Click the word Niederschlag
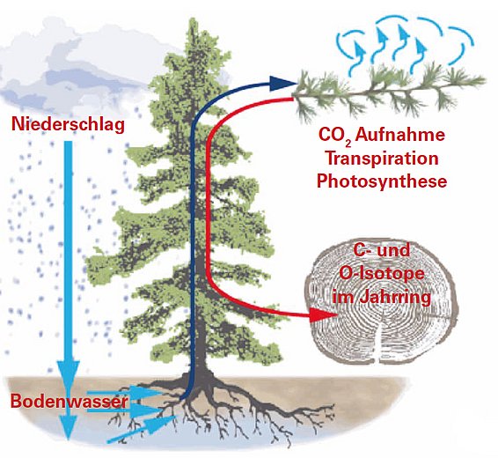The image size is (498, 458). [68, 124]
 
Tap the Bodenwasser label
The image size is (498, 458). [70, 402]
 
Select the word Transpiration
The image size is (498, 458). [383, 159]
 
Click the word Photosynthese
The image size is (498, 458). [382, 181]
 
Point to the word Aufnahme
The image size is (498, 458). [400, 135]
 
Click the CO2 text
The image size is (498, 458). [334, 136]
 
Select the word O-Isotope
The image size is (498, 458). [382, 274]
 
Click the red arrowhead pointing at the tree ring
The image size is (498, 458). [323, 314]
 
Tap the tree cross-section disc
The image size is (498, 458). [381, 302]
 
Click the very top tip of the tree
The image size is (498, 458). [193, 18]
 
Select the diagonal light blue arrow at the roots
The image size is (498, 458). [142, 429]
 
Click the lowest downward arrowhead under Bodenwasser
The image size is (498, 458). [68, 428]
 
